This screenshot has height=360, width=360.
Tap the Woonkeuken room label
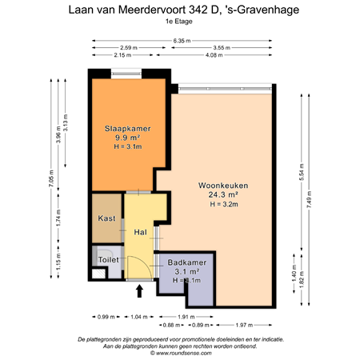coord(223,185)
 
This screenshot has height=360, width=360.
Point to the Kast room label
coord(106,218)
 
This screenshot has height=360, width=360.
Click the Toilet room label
coord(108,260)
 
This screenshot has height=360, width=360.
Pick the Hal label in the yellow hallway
coord(140,233)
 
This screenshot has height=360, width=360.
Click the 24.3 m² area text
coord(223,194)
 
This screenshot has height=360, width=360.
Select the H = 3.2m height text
coord(223,204)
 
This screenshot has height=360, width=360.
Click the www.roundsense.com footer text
coord(180,353)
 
